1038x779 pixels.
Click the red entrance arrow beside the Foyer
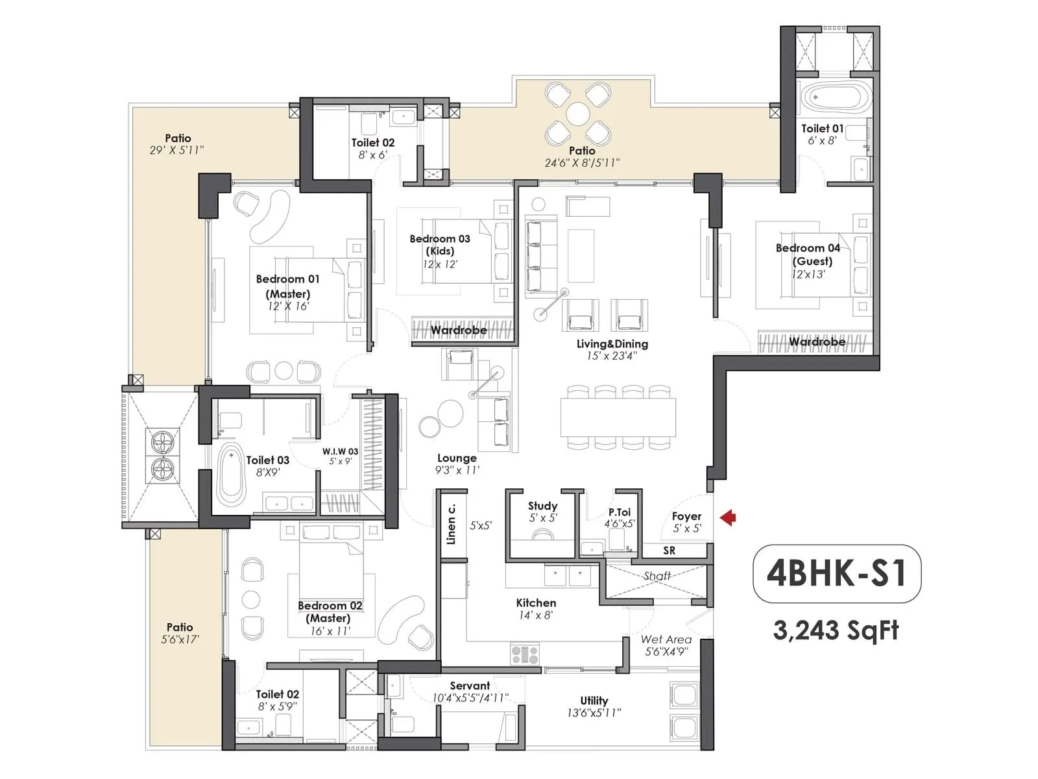pyautogui.click(x=729, y=517)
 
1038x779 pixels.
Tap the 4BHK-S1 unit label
pyautogui.click(x=836, y=573)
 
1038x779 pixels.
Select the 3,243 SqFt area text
pyautogui.click(x=836, y=630)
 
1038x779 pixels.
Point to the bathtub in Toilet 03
pyautogui.click(x=229, y=476)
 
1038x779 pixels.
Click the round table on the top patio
pyautogui.click(x=577, y=115)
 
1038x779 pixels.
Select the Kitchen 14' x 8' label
pyautogui.click(x=536, y=608)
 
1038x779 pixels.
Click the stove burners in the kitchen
pyautogui.click(x=525, y=654)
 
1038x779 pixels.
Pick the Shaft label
pyautogui.click(x=657, y=576)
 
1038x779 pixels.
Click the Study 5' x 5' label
pyautogui.click(x=542, y=511)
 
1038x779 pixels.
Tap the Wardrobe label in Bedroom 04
pyautogui.click(x=817, y=341)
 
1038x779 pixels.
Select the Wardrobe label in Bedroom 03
pyautogui.click(x=459, y=330)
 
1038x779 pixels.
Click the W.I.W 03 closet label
pyautogui.click(x=340, y=456)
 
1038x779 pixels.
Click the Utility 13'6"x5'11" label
pyautogui.click(x=594, y=706)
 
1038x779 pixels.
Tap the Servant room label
pyautogui.click(x=470, y=691)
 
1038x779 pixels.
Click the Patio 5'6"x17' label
pyautogui.click(x=180, y=632)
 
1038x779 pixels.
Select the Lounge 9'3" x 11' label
pyautogui.click(x=457, y=464)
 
